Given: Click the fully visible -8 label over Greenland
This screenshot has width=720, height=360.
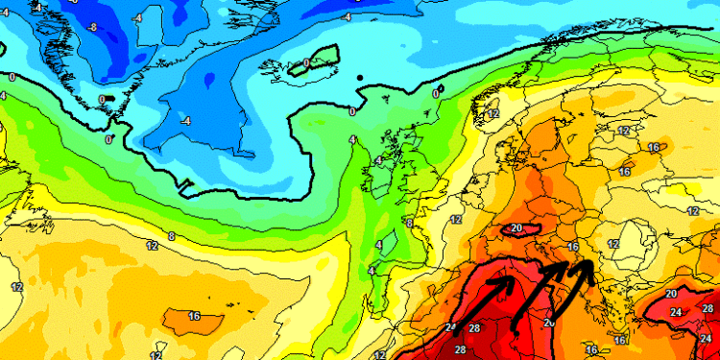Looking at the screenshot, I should (x=92, y=26).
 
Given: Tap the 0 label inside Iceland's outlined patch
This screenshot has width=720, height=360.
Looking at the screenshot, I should (x=306, y=63).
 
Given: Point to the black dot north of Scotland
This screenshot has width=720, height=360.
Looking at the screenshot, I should (x=360, y=78).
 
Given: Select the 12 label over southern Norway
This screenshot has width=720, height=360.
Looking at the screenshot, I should (x=493, y=114).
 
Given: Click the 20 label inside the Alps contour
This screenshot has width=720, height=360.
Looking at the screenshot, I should (x=516, y=228).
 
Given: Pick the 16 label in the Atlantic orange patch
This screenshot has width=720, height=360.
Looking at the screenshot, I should (x=193, y=316).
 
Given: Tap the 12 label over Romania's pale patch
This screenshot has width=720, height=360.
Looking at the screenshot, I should (x=612, y=244).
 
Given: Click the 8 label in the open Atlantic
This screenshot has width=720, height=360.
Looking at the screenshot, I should (x=171, y=235).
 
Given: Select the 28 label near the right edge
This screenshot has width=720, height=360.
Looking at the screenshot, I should (x=708, y=308).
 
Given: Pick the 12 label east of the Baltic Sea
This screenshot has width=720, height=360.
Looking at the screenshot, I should (x=624, y=131).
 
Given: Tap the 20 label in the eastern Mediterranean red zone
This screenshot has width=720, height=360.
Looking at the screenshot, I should (x=671, y=293).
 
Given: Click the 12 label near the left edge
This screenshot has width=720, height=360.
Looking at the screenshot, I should (x=16, y=287).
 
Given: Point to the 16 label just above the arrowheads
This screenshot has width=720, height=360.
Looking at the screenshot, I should (x=572, y=247).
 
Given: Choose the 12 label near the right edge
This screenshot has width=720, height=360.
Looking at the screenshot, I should (x=692, y=210).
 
